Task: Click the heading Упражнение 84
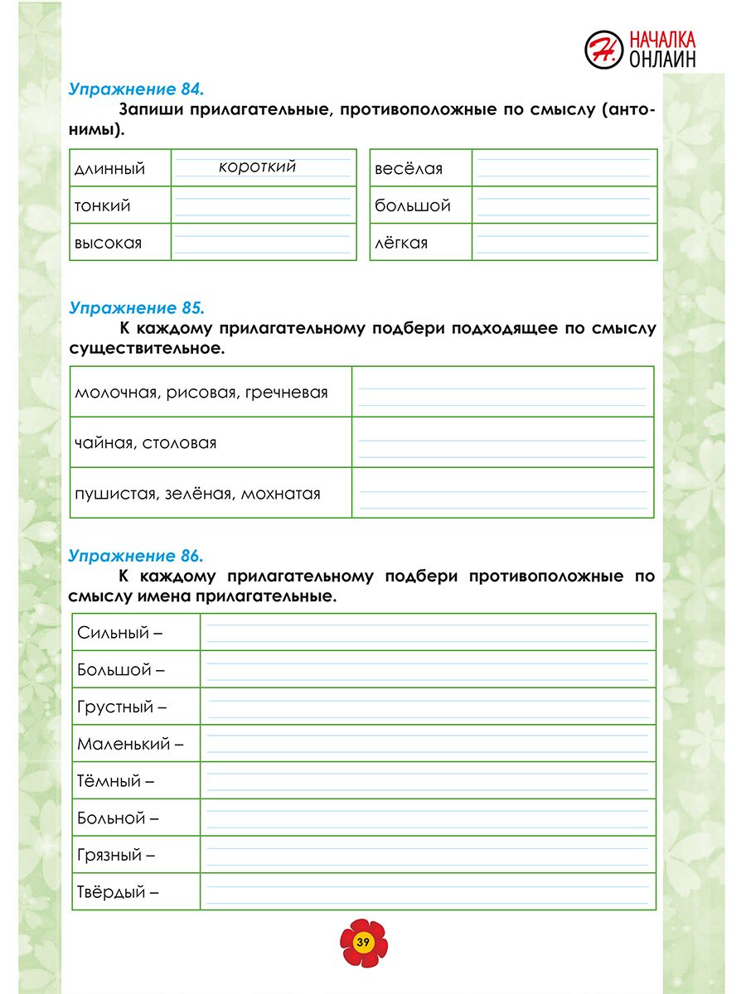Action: coord(135,89)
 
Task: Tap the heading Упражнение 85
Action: coord(135,308)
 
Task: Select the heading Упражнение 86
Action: coord(135,556)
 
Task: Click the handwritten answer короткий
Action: coord(257,166)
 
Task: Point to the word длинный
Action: coord(109,169)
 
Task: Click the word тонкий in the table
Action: coord(102,206)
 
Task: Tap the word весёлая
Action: coord(408,169)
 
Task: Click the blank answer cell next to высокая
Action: coord(263,243)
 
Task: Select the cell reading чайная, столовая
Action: coord(145,443)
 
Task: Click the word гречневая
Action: coord(288,393)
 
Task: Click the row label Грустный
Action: coord(116,707)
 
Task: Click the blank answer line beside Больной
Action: coord(427,818)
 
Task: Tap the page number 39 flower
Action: coord(363,943)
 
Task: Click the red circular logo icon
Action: coord(603,49)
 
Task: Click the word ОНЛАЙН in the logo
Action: coord(663,58)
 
